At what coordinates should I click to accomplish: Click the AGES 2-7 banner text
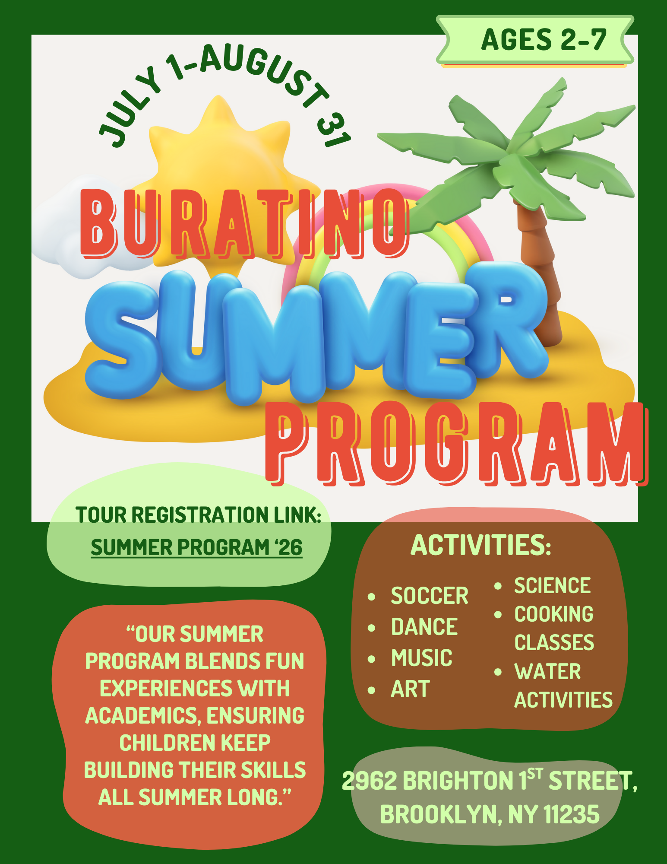pyautogui.click(x=544, y=40)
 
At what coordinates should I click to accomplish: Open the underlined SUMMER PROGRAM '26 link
pyautogui.click(x=196, y=547)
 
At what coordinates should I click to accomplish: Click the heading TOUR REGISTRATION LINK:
pyautogui.click(x=198, y=515)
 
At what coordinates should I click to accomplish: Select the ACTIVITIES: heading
pyautogui.click(x=480, y=545)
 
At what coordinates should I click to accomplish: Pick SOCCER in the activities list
pyautogui.click(x=430, y=596)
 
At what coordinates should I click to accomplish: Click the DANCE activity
pyautogui.click(x=424, y=627)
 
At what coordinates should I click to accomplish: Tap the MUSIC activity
pyautogui.click(x=422, y=658)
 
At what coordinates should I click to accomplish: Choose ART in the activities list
pyautogui.click(x=411, y=689)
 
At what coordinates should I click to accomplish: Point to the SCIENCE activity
pyautogui.click(x=552, y=586)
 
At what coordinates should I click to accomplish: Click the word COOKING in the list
pyautogui.click(x=554, y=614)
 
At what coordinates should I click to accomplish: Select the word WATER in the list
pyautogui.click(x=547, y=672)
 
